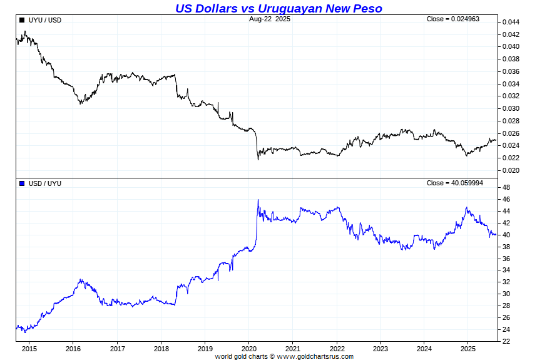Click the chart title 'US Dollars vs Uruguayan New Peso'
278,8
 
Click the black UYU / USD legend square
22,20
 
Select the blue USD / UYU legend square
22,183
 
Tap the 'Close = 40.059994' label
455,183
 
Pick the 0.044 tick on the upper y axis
511,22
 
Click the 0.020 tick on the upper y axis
511,170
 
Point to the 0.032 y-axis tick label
511,96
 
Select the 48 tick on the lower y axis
506,187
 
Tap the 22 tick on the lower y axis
506,341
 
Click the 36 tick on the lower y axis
506,259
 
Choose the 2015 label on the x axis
29,349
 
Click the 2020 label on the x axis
249,349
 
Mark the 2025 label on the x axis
468,349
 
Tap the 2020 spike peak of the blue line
258,200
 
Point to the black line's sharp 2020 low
258,159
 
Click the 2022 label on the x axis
337,349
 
